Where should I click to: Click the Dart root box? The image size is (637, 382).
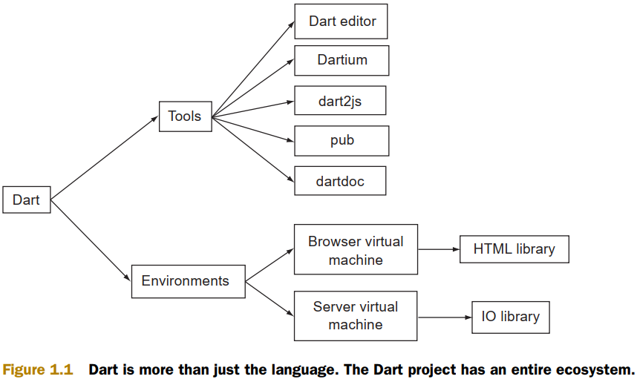click(x=26, y=200)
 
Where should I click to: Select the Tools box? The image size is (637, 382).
click(x=185, y=116)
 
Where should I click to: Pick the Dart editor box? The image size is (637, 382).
click(x=341, y=21)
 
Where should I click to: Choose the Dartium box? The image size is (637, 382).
click(x=341, y=60)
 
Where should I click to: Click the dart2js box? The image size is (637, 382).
click(x=340, y=100)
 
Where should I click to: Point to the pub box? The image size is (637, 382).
click(x=341, y=140)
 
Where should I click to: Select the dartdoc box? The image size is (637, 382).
click(x=340, y=180)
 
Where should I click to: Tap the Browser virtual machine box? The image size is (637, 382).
click(x=356, y=250)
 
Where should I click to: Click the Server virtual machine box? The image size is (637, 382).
click(x=356, y=315)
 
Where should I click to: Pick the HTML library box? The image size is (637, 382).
click(x=514, y=248)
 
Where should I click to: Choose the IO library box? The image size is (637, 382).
click(x=510, y=317)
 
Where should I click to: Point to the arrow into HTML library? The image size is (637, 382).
click(x=438, y=249)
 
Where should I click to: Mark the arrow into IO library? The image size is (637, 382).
click(x=444, y=317)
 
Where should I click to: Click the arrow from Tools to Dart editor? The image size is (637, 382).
click(x=252, y=69)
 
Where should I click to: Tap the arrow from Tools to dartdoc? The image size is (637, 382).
click(x=252, y=148)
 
